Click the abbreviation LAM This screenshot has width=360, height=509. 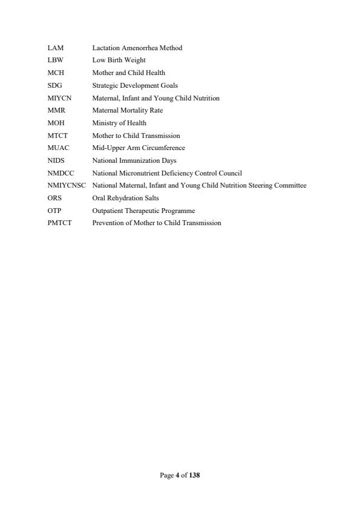(x=55, y=48)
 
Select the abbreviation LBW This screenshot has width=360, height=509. (x=55, y=61)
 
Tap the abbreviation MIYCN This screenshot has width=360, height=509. (x=59, y=98)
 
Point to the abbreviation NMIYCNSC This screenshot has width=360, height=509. (x=67, y=185)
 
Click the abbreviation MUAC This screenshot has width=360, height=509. (x=57, y=148)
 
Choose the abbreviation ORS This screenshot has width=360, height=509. (x=54, y=198)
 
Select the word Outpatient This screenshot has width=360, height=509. (x=106, y=211)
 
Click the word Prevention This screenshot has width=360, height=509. (x=106, y=223)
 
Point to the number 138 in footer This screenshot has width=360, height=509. (x=194, y=475)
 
